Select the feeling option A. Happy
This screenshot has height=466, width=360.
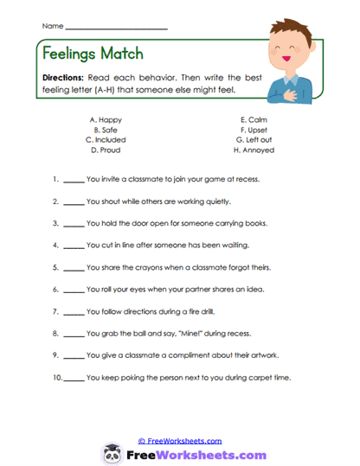coord(105,119)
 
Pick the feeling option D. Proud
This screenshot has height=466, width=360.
coord(105,150)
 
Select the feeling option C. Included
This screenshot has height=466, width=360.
coord(105,139)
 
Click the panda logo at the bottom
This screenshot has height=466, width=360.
coord(111,453)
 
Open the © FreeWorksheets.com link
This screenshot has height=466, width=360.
coord(179,440)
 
